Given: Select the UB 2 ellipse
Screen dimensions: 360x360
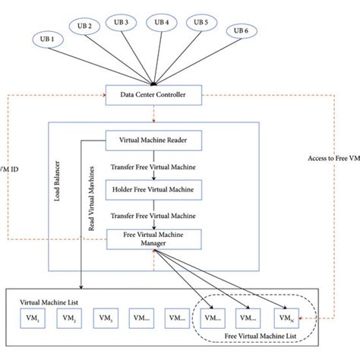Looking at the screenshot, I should click(x=84, y=26).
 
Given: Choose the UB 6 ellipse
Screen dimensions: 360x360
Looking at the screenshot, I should click(x=240, y=30).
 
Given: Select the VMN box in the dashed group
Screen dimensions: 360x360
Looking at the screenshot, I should click(x=286, y=317).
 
